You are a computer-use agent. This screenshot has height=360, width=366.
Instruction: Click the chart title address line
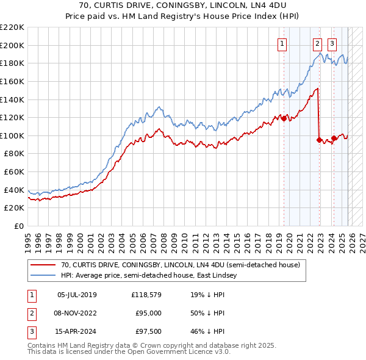182,5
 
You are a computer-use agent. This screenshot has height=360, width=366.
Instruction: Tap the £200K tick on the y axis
12,45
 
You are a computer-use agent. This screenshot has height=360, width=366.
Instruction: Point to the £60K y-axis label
14,172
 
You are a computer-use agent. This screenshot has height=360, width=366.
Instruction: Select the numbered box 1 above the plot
283,43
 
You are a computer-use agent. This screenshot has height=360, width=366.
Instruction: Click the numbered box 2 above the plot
318,43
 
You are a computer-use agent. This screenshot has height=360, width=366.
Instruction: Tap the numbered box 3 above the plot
332,43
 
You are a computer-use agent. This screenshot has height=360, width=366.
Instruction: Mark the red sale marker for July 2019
284,118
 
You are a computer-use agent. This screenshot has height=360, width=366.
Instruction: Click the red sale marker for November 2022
319,140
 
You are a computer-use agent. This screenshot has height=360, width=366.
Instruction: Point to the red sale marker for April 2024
334,138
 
